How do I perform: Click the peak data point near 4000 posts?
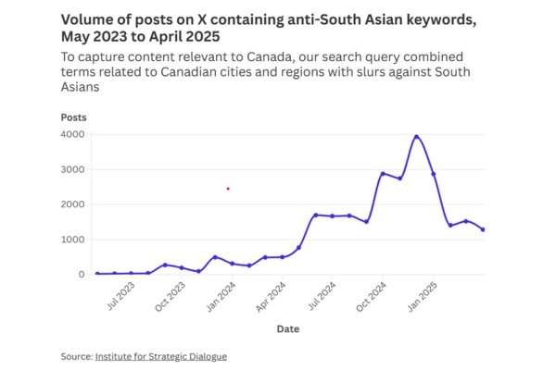click(x=416, y=137)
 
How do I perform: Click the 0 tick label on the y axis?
click(x=82, y=275)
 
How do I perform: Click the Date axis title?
click(x=287, y=328)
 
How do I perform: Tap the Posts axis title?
click(x=74, y=117)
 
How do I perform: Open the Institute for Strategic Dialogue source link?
click(x=160, y=356)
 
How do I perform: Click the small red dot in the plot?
click(x=228, y=189)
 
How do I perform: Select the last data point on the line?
click(x=483, y=229)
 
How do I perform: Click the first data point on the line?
click(x=97, y=274)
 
